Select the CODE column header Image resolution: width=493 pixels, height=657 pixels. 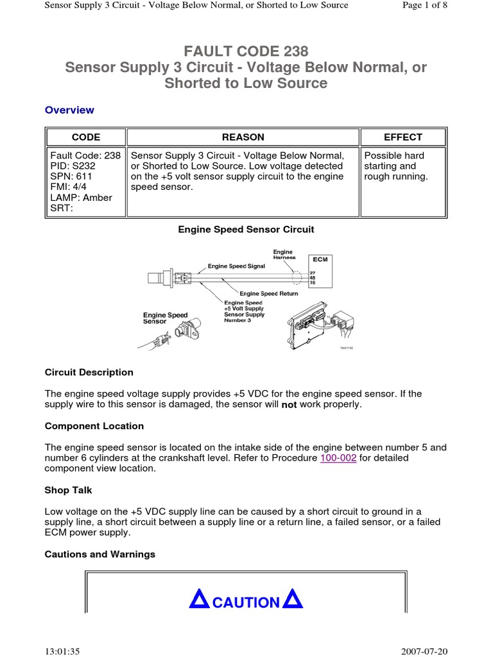(x=85, y=137)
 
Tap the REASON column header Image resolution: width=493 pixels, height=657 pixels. (x=243, y=137)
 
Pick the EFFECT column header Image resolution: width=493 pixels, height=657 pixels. (x=402, y=137)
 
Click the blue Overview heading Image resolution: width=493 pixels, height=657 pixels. (x=69, y=110)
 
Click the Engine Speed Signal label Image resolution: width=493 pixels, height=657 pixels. (x=236, y=266)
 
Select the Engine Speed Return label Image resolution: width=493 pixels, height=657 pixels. (x=269, y=293)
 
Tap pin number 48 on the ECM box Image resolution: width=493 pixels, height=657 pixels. (x=313, y=277)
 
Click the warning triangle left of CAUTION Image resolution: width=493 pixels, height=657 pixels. (x=200, y=600)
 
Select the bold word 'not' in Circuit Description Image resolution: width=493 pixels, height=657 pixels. (x=289, y=405)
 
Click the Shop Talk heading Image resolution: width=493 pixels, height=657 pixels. (x=68, y=490)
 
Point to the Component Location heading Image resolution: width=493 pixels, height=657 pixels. (x=94, y=426)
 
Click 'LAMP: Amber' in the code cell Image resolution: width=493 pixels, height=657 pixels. (x=81, y=198)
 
